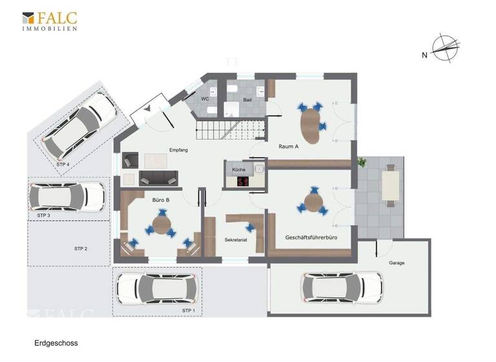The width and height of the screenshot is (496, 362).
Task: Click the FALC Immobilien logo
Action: [50, 21]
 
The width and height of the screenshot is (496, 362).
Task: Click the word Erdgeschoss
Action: [56, 343]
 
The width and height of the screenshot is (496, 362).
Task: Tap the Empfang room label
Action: [178, 150]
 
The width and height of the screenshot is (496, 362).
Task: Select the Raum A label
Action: [288, 146]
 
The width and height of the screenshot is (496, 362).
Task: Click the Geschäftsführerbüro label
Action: [311, 238]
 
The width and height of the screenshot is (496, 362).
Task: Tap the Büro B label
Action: [161, 200]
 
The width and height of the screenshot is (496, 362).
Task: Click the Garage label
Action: [397, 264]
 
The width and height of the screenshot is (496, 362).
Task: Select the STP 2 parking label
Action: [81, 248]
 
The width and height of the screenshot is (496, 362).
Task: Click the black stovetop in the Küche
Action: [242, 182]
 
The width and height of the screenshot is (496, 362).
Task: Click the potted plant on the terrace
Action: [362, 162]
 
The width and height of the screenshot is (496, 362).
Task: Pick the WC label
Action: [205, 99]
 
